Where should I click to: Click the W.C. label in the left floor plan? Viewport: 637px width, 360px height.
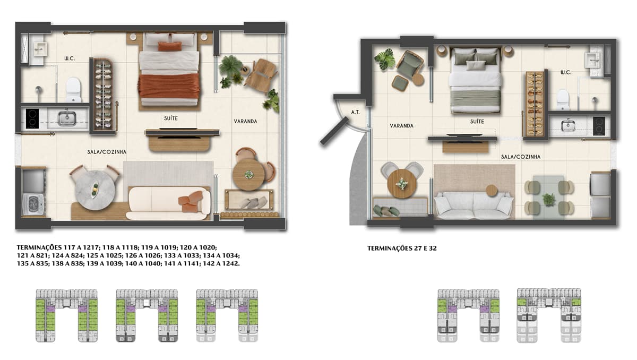click(x=70, y=58)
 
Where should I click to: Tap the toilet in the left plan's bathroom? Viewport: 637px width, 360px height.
click(x=74, y=90)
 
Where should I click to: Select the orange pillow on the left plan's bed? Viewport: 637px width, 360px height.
click(x=170, y=46)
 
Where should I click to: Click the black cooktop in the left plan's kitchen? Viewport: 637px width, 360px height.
click(x=32, y=118)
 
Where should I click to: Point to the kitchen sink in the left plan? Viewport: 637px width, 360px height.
click(x=67, y=118)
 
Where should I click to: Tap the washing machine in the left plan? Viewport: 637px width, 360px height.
click(x=33, y=204)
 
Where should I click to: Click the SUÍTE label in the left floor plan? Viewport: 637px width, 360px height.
click(x=171, y=118)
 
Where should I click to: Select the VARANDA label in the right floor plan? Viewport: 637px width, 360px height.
click(x=401, y=126)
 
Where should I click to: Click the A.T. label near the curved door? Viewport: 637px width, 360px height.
click(x=355, y=113)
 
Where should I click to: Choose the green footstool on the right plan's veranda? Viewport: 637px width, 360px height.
click(x=401, y=83)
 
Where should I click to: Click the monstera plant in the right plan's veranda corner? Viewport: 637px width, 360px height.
click(x=385, y=59)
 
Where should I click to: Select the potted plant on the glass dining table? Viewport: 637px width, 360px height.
click(x=549, y=199)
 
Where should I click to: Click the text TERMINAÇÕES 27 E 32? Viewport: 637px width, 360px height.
click(x=402, y=248)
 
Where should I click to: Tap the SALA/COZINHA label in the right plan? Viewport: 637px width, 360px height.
click(x=521, y=157)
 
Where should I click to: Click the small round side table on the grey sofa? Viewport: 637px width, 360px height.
click(x=491, y=191)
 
